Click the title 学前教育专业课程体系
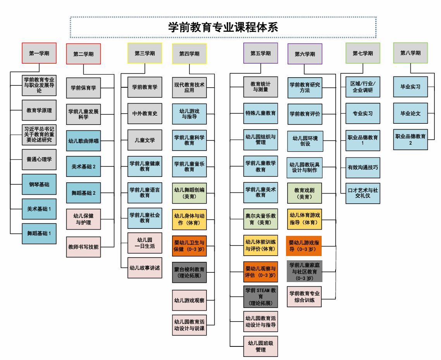[x=223, y=27]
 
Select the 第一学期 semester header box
[x=39, y=53]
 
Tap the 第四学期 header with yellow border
[x=189, y=54]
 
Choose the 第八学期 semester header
[x=410, y=53]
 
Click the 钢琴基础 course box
[x=39, y=185]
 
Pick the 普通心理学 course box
[x=39, y=159]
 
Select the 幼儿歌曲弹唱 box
[x=83, y=141]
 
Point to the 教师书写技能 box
[x=83, y=247]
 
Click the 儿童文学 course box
[x=145, y=140]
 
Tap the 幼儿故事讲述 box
[x=145, y=268]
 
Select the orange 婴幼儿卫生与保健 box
[x=189, y=246]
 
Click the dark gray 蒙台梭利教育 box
[x=189, y=272]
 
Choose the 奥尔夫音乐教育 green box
[x=260, y=219]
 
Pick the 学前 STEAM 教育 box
[x=260, y=297]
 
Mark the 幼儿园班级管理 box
[x=260, y=346]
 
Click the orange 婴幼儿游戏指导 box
[x=304, y=246]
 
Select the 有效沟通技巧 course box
[x=363, y=168]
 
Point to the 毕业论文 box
[x=410, y=113]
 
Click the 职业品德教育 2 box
[x=410, y=140]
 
